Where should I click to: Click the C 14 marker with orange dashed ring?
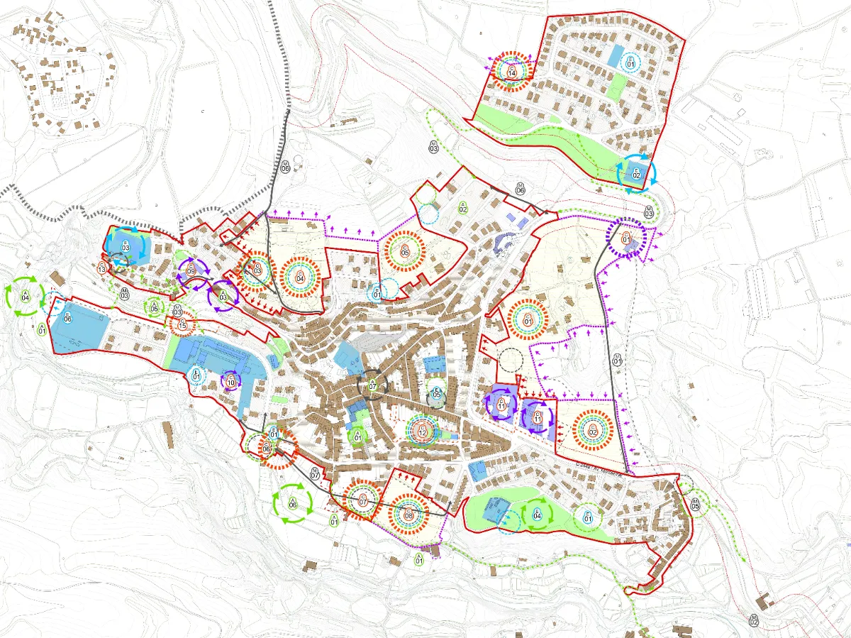(x=512, y=70)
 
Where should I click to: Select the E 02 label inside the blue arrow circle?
(x=636, y=172)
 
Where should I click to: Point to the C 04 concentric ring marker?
(x=300, y=276)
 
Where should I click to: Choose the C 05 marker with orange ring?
(x=405, y=250)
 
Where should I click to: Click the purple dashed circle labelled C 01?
(x=626, y=238)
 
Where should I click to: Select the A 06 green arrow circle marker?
(x=293, y=504)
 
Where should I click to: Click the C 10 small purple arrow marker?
(x=230, y=382)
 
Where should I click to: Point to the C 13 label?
(x=102, y=268)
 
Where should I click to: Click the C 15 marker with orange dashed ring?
(x=182, y=324)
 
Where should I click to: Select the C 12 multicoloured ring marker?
(x=423, y=429)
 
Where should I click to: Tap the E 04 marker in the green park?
(x=537, y=515)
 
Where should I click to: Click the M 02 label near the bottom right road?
(x=753, y=620)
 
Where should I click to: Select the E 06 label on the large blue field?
(x=68, y=317)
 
